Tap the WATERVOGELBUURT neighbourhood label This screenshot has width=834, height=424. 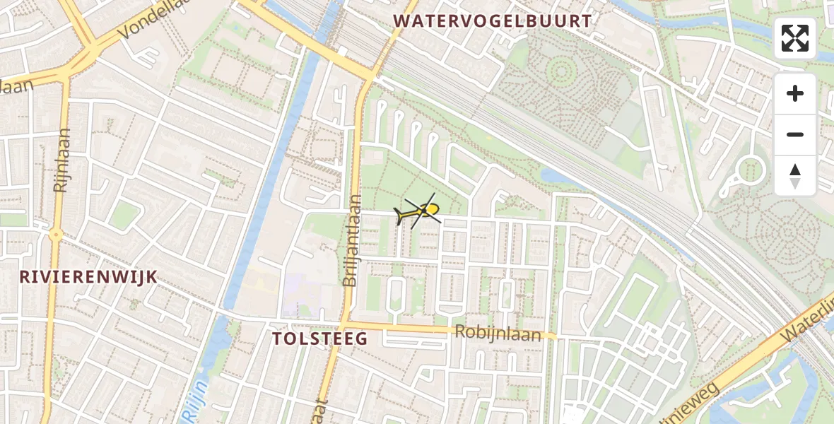(492, 21)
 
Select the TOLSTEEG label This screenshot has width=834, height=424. (320, 338)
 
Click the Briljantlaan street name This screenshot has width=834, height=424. (351, 240)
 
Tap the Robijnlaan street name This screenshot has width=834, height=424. (498, 334)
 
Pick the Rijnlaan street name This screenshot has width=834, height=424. (62, 161)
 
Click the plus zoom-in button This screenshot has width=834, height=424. (795, 93)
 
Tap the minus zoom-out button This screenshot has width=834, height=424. (795, 134)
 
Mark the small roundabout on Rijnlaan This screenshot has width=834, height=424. (56, 235)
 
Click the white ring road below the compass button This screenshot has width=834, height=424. (750, 171)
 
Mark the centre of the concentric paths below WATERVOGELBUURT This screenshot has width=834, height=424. (562, 71)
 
